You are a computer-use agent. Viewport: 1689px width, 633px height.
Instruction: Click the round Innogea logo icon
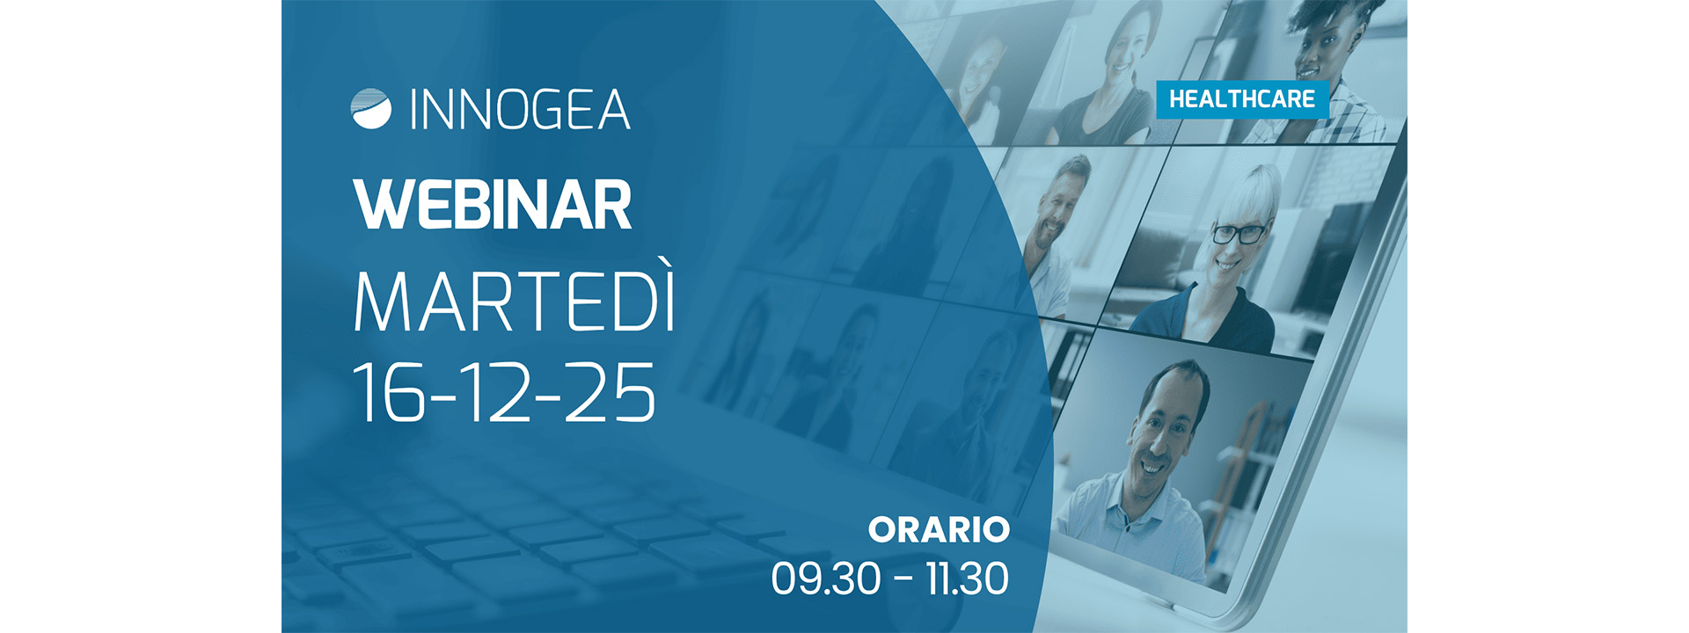click(370, 109)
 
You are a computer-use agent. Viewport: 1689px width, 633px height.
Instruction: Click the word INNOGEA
click(520, 110)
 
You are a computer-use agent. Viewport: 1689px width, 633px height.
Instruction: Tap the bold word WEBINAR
click(494, 205)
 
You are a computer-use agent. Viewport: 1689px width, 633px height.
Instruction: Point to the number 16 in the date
click(388, 392)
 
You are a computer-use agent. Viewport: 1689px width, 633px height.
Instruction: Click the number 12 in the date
click(494, 392)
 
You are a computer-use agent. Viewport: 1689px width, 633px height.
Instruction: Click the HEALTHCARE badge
click(1241, 99)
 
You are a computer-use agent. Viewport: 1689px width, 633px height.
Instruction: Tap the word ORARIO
click(939, 529)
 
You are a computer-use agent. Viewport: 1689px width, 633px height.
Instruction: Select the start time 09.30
click(825, 578)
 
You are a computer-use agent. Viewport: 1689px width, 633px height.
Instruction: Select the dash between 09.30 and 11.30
click(903, 579)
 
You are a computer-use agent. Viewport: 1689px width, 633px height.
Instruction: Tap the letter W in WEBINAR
click(380, 205)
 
